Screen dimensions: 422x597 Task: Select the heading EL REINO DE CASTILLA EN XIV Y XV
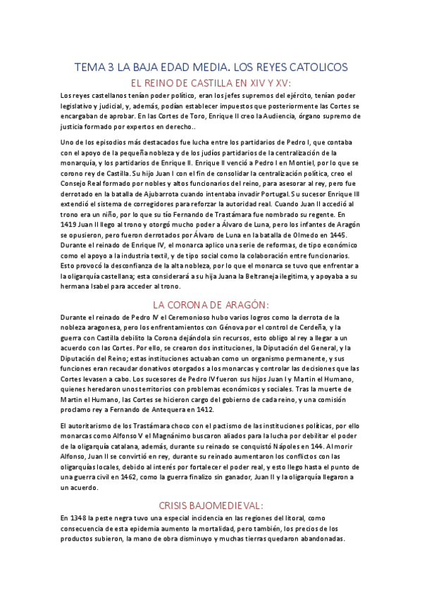pyautogui.click(x=211, y=83)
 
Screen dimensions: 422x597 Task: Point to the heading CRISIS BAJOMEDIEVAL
pyautogui.click(x=211, y=505)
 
